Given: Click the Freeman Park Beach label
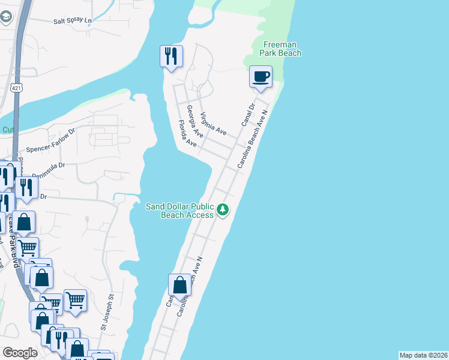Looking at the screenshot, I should click(x=280, y=49).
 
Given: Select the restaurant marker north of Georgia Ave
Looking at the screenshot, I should click(x=171, y=57).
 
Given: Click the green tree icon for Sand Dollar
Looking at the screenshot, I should click(x=223, y=210).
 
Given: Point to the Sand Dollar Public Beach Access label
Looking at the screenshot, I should click(x=179, y=211).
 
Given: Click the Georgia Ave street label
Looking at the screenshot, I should click(x=193, y=118).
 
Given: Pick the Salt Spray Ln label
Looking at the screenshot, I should click(x=73, y=20).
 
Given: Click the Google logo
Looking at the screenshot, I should click(x=20, y=353).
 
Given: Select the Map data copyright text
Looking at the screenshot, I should click(x=423, y=355).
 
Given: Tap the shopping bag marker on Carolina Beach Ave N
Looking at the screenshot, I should click(x=179, y=285).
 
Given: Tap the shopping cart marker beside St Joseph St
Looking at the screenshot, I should click(x=75, y=300).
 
